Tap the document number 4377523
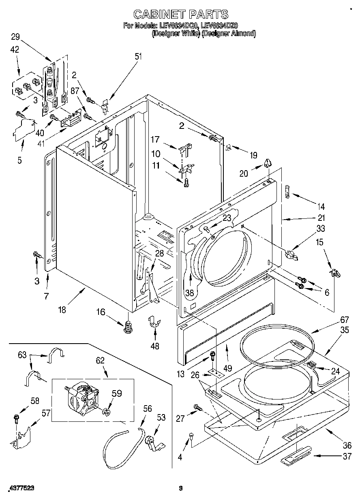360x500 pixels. pyautogui.click(x=20, y=489)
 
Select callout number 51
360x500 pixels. pyautogui.click(x=139, y=57)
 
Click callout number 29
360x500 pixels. pyautogui.click(x=15, y=37)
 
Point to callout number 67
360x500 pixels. pyautogui.click(x=344, y=320)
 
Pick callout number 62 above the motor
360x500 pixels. pyautogui.click(x=100, y=360)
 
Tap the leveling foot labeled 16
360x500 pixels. pyautogui.click(x=129, y=325)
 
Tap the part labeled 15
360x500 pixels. pyautogui.click(x=335, y=273)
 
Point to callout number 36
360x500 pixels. pyautogui.click(x=347, y=445)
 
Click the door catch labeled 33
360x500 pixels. pyautogui.click(x=291, y=255)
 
